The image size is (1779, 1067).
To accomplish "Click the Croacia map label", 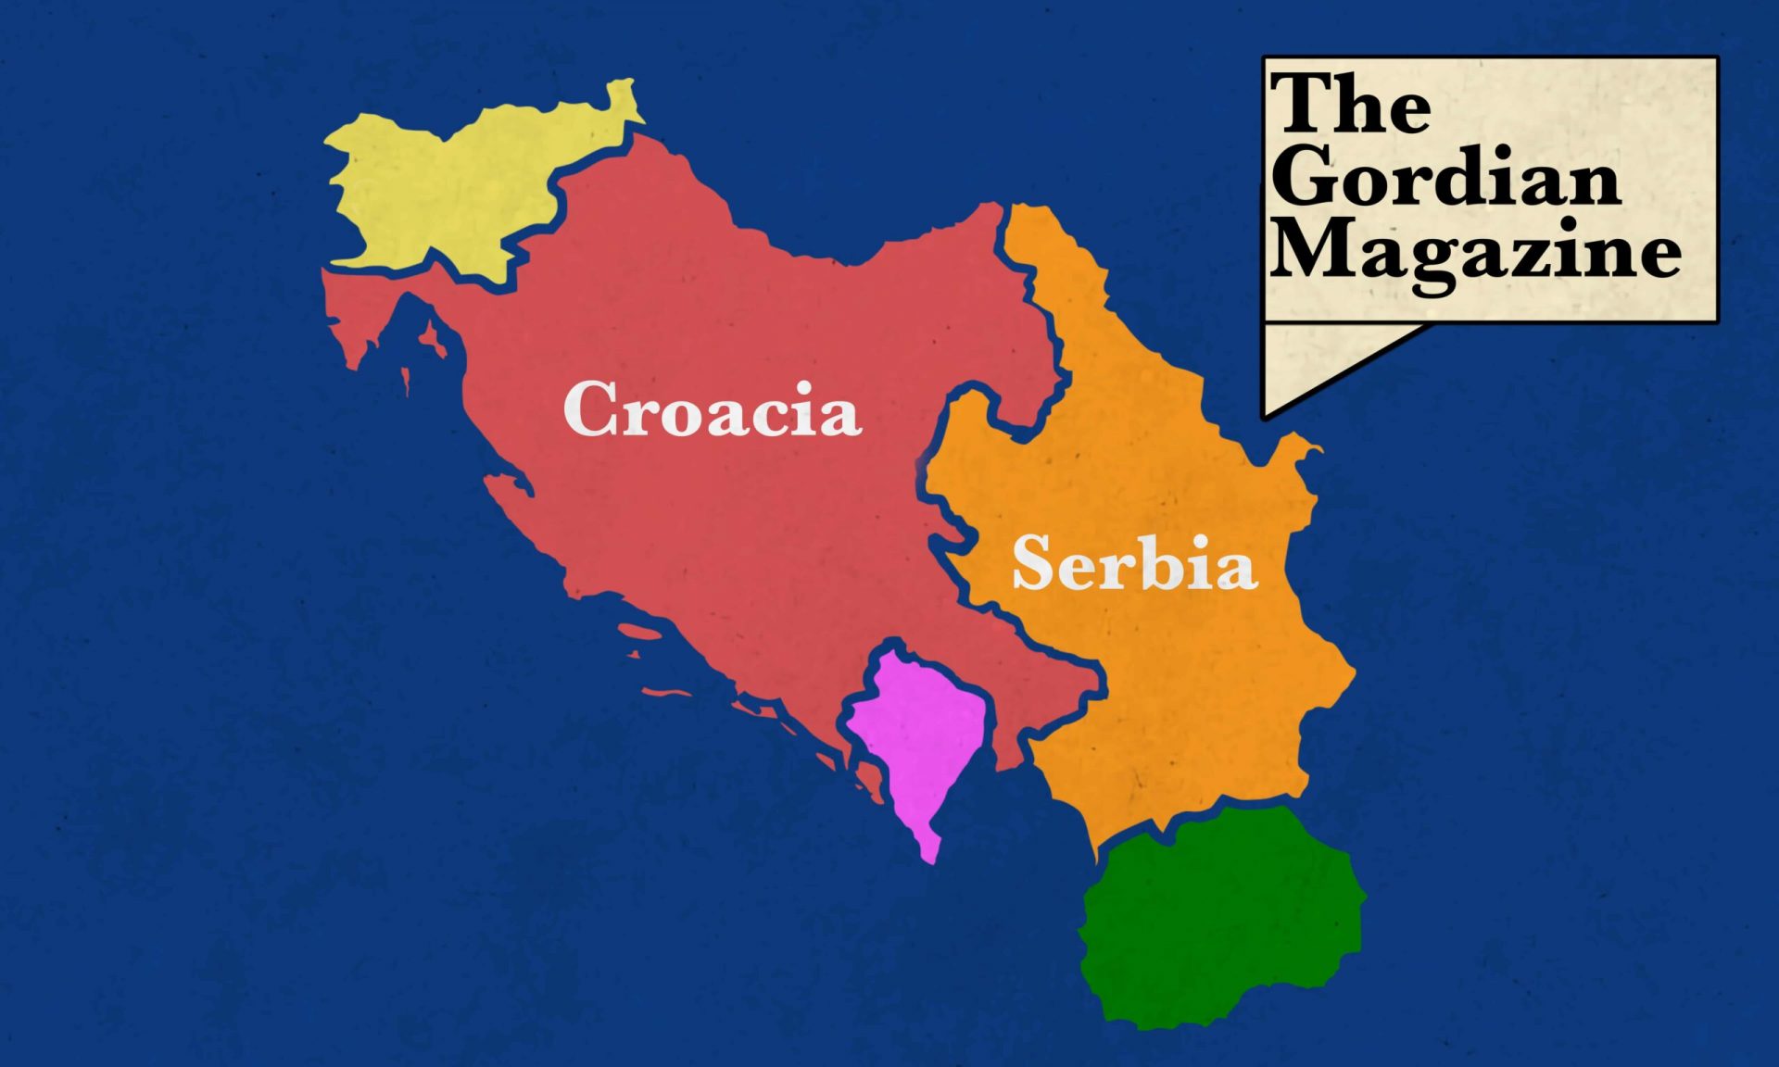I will point(712,409).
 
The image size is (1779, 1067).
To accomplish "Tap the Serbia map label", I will point(1134,563).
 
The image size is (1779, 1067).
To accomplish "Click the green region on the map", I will point(1218,917).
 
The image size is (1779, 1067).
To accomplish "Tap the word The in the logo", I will point(1351,104).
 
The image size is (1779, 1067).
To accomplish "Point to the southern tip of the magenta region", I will point(930,856).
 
